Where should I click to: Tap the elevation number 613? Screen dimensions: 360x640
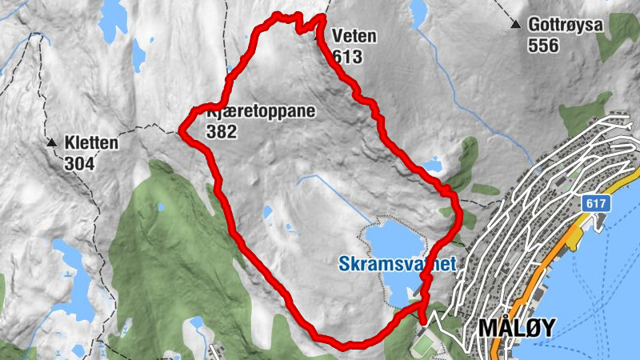click(x=349, y=57)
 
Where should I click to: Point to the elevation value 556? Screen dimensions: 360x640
click(x=543, y=46)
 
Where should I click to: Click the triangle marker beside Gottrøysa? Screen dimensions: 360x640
click(x=517, y=26)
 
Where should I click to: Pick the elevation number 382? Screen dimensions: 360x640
click(x=221, y=132)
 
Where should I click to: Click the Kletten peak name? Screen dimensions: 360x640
click(x=92, y=144)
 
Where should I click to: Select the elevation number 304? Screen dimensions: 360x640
click(x=80, y=164)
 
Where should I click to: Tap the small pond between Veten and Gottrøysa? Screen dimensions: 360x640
click(x=418, y=11)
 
